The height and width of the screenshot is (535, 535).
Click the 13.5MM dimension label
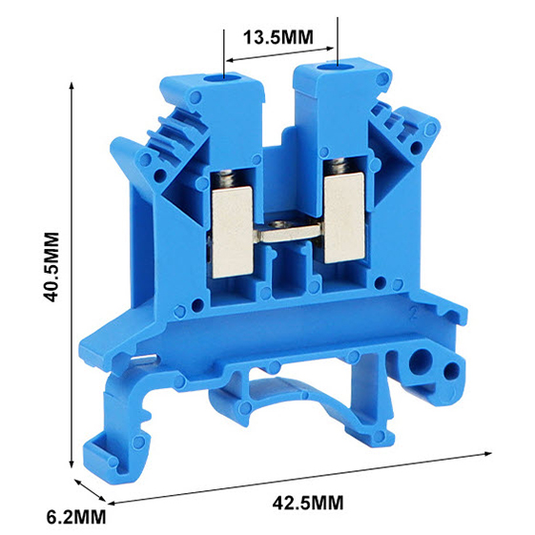[x=278, y=37]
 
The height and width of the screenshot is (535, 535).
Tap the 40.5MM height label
[x=52, y=267]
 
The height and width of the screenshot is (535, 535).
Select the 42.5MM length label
[x=308, y=503]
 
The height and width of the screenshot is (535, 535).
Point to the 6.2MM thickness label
[x=76, y=517]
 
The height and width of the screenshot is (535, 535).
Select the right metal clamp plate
[x=344, y=217]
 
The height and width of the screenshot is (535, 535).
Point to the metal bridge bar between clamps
[x=288, y=233]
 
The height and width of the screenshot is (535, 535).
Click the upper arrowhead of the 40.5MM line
[x=72, y=85]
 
